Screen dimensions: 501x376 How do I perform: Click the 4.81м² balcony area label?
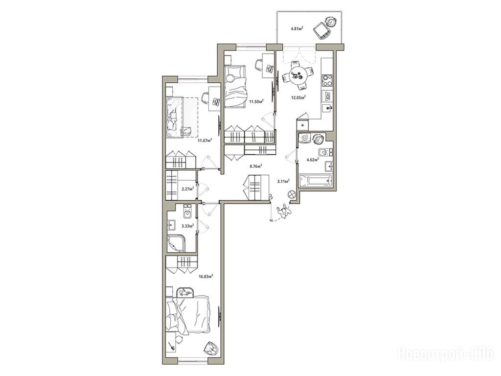[296, 28]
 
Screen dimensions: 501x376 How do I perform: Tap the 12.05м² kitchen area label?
[299, 97]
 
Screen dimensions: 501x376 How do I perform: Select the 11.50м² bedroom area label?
[256, 101]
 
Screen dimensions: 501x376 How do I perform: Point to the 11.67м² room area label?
[205, 140]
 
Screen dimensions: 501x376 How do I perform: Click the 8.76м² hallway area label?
[256, 166]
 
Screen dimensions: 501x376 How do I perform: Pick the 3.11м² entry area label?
[283, 181]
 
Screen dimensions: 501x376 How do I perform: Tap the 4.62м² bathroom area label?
[313, 160]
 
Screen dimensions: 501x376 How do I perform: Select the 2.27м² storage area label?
[187, 189]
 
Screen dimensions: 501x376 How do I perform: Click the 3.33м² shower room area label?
[187, 226]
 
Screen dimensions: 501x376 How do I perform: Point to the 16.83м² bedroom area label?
[206, 276]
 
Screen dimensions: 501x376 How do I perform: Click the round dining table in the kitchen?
[297, 76]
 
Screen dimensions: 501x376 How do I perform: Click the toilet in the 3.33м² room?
[187, 211]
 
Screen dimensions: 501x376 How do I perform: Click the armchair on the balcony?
[321, 31]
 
